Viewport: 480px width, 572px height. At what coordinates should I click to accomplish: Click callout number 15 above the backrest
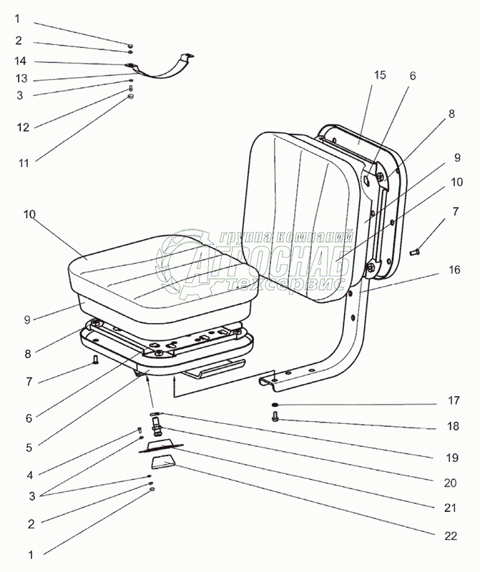(x=380, y=75)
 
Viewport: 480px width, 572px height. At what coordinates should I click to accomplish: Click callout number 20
(x=449, y=482)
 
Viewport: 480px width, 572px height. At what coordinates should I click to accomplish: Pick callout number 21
(x=449, y=508)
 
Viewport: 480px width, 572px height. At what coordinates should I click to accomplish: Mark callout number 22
(x=449, y=535)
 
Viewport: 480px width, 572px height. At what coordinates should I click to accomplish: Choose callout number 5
(x=29, y=448)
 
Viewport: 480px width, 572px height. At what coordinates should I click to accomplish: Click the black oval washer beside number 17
(x=276, y=405)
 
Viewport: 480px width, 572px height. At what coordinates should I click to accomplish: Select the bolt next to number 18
(x=275, y=418)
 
